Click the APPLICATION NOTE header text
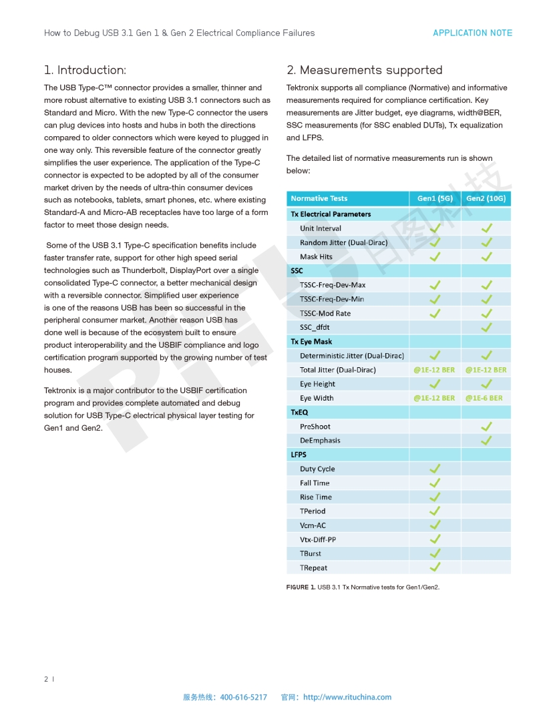(x=472, y=33)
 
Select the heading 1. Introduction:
(x=85, y=70)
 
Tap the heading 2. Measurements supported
(x=365, y=70)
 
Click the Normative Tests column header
(x=319, y=198)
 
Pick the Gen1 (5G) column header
(x=435, y=198)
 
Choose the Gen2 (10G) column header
(x=486, y=198)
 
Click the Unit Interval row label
(x=321, y=228)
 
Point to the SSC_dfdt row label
(x=315, y=327)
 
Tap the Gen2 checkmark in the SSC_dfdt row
(x=487, y=327)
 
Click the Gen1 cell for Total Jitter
(x=434, y=370)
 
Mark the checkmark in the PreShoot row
(x=487, y=426)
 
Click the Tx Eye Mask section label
(x=311, y=342)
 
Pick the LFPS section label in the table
(x=299, y=455)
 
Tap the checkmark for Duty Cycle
(x=435, y=469)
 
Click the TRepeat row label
(x=314, y=568)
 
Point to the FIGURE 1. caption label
(x=301, y=587)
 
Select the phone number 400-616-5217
(x=243, y=697)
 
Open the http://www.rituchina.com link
(x=347, y=697)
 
